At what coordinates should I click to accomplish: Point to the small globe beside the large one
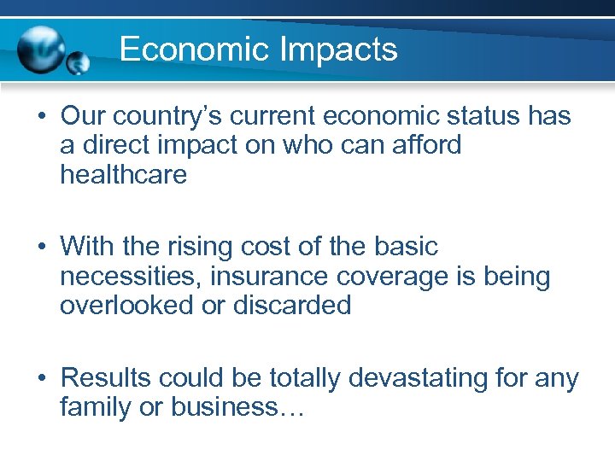(78, 62)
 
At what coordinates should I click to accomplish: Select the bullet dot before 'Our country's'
(42, 117)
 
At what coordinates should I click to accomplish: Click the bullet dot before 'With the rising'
(42, 248)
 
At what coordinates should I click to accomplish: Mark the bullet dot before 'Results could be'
(42, 378)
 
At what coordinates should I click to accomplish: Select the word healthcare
(123, 175)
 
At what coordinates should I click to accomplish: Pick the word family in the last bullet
(95, 407)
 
